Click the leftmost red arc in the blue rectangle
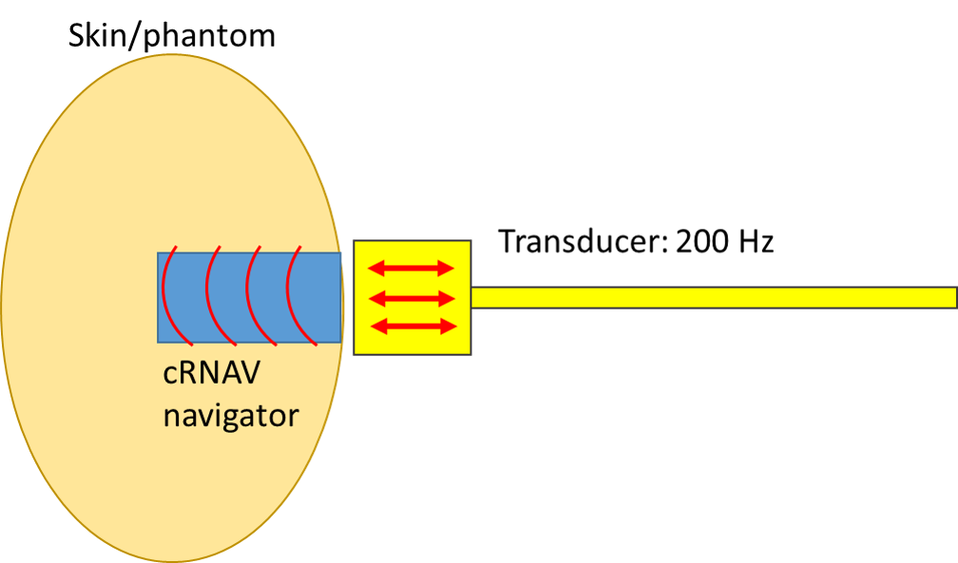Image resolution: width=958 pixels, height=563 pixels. tap(163, 296)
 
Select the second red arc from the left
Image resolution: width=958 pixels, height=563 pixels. tap(206, 296)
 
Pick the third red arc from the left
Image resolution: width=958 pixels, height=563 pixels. tap(247, 296)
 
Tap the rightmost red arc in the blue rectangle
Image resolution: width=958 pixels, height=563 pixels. tap(288, 296)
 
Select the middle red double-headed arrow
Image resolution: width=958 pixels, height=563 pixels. tap(412, 298)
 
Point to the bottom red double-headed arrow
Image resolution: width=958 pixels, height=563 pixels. tap(412, 327)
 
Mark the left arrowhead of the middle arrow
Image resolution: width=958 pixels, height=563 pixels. tap(374, 298)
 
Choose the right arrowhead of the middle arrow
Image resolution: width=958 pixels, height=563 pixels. tap(449, 298)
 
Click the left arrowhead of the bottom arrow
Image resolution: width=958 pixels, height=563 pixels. tap(374, 327)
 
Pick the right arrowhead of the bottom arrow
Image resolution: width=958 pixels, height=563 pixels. tap(449, 327)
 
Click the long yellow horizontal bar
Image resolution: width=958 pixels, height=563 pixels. tap(713, 297)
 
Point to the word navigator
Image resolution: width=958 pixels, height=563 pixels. tap(231, 415)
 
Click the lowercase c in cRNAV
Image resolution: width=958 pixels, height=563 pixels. tap(171, 376)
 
